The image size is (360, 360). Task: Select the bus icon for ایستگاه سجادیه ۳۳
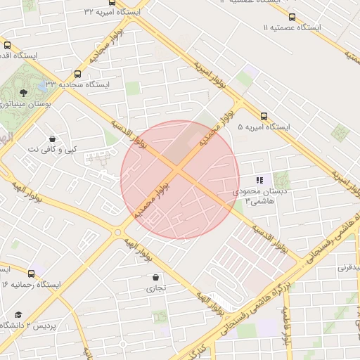[x=77, y=73]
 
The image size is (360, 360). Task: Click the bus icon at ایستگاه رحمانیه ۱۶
[x=31, y=273]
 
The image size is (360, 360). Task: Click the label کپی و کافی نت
[x=53, y=149]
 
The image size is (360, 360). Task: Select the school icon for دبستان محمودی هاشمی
[x=260, y=180]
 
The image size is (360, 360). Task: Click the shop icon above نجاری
[x=155, y=277]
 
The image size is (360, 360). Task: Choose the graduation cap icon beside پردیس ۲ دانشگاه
[x=18, y=314]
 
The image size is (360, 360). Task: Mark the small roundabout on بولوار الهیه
[x=117, y=232]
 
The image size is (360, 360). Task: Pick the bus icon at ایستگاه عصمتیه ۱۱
[x=292, y=17]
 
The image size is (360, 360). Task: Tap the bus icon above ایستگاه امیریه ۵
[x=264, y=116]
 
